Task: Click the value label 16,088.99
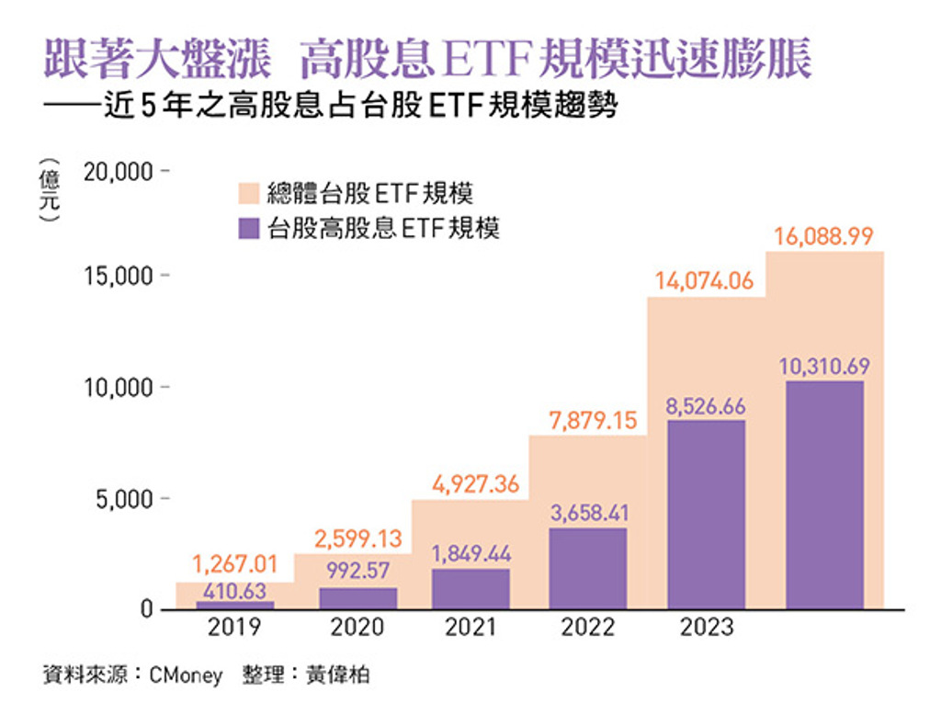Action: coord(823,236)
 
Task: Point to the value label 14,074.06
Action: coord(704,281)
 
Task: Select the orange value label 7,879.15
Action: coord(588,421)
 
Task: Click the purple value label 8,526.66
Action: coord(706,406)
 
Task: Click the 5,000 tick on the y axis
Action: coord(126,499)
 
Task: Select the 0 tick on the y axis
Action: coord(146,610)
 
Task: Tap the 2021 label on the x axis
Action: coord(470,628)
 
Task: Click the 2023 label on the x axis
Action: coord(706,628)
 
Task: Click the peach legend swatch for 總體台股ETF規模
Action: coord(246,193)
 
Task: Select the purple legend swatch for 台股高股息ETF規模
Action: coord(246,228)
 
